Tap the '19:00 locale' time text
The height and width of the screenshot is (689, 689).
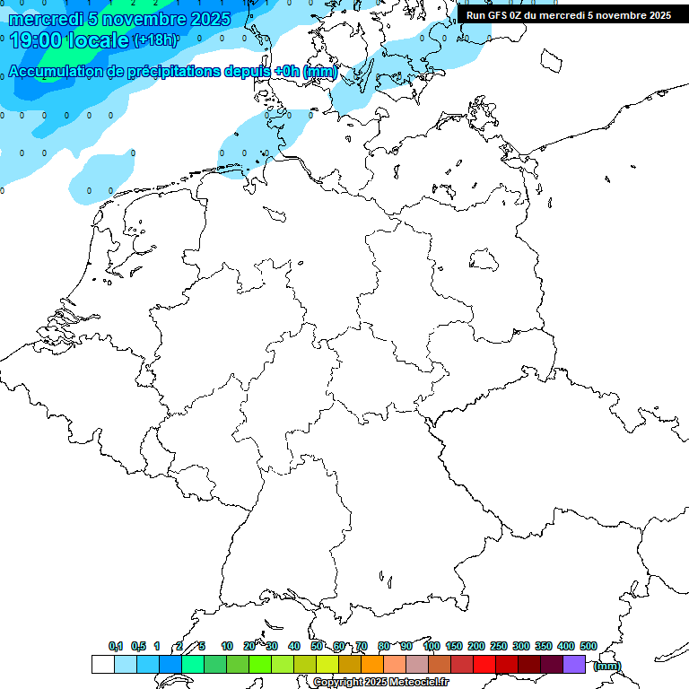[69, 40]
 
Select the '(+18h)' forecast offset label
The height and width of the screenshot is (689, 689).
[155, 40]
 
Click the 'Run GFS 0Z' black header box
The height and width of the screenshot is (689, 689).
[569, 15]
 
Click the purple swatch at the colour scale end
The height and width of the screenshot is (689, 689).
[574, 665]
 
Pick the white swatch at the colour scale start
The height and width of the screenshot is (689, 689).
[102, 665]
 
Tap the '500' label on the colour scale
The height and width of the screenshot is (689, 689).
[589, 647]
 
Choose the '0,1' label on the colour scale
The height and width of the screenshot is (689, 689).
[116, 647]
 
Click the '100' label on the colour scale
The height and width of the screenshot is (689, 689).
[431, 647]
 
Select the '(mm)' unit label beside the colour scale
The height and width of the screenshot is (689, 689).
[607, 666]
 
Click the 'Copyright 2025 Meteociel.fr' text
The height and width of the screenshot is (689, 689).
[380, 683]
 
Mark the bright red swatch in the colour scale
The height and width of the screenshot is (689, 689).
[484, 665]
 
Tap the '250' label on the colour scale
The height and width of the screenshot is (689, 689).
[499, 647]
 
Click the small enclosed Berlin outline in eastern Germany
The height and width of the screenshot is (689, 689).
[484, 259]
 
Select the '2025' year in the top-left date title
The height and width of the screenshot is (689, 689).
[210, 19]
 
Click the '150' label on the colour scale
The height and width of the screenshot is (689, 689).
[454, 647]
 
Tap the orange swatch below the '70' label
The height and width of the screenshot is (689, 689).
[371, 665]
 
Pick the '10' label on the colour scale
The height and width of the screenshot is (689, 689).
[227, 647]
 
